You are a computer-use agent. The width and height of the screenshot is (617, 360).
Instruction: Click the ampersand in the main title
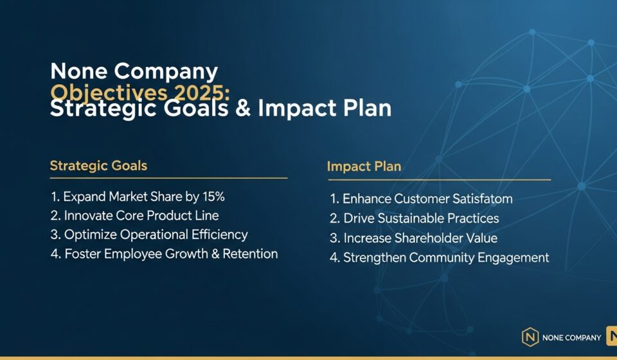pyautogui.click(x=242, y=108)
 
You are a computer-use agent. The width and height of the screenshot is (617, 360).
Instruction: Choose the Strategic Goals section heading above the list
pyautogui.click(x=98, y=166)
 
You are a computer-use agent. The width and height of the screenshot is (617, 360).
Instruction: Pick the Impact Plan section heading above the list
pyautogui.click(x=364, y=166)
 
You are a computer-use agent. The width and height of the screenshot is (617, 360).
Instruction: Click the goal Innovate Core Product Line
pyautogui.click(x=141, y=215)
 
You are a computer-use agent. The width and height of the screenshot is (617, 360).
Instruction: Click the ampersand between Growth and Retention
pyautogui.click(x=212, y=254)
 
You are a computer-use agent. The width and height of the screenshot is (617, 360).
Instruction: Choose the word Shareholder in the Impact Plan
pyautogui.click(x=418, y=239)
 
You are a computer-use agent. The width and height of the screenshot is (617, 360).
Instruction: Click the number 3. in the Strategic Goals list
pyautogui.click(x=55, y=235)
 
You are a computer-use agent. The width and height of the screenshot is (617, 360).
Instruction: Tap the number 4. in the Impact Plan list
pyautogui.click(x=334, y=258)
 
